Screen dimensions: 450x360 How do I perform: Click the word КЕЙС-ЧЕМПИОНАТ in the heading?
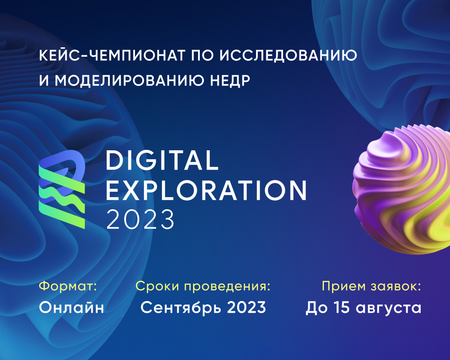(x=112, y=55)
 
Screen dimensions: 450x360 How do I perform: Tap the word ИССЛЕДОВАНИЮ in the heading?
(x=288, y=55)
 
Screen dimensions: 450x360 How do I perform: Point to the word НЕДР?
(x=230, y=81)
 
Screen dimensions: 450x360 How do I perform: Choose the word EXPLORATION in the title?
(x=207, y=190)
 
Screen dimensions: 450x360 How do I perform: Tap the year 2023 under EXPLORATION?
(x=140, y=219)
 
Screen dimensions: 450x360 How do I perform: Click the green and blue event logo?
(x=62, y=189)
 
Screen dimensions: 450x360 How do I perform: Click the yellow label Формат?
(x=68, y=286)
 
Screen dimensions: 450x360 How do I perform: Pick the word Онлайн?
(x=71, y=307)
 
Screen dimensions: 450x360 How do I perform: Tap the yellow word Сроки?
(x=157, y=286)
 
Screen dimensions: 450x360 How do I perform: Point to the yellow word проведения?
(x=227, y=287)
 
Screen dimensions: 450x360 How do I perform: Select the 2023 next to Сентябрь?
(x=247, y=307)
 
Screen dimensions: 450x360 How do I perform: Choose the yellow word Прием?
(x=343, y=286)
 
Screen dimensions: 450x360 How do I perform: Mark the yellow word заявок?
(x=396, y=287)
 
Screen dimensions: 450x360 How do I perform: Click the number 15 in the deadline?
(x=342, y=307)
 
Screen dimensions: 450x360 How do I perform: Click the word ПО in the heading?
(x=202, y=55)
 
